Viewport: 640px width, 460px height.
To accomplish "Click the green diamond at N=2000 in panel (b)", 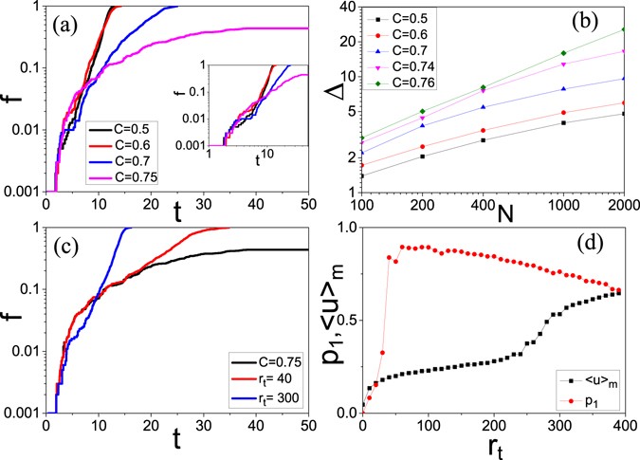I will pyautogui.click(x=622, y=29).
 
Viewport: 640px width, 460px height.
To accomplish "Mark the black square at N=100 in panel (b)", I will pyautogui.click(x=363, y=175).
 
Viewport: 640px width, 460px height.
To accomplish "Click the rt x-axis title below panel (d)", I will pyautogui.click(x=490, y=447).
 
